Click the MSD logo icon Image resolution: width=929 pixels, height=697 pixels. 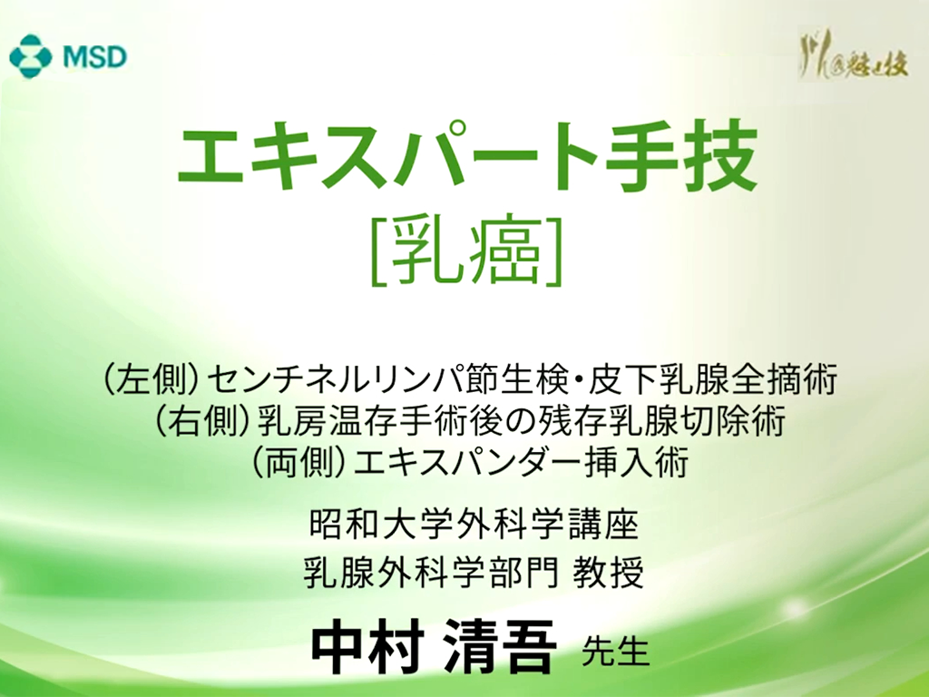pos(32,56)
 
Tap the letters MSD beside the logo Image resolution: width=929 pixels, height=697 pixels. pos(94,57)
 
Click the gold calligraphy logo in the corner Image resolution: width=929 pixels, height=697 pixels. pos(853,59)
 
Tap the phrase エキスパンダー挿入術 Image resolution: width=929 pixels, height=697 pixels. pos(520,462)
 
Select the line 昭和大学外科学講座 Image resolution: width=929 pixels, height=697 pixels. pos(474,525)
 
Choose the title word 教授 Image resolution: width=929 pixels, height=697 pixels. pos(609,573)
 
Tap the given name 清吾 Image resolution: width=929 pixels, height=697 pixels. pos(501,647)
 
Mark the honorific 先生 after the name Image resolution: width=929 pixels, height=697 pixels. pos(616,652)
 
